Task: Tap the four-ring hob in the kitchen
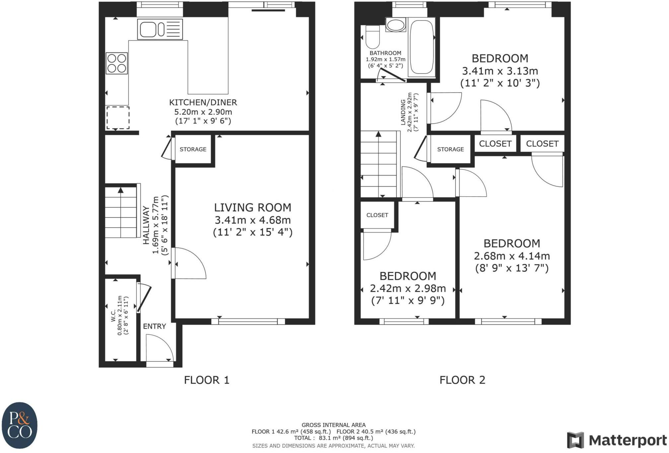[117, 63]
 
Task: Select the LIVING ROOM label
[252, 208]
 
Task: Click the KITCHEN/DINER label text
[203, 102]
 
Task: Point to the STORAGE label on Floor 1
[193, 149]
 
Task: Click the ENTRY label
[154, 326]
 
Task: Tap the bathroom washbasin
[395, 25]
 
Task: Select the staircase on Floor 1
[121, 213]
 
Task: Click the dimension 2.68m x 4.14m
[512, 256]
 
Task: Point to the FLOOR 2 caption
[462, 380]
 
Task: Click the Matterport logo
[617, 440]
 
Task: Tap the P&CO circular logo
[20, 425]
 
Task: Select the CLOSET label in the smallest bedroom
[377, 215]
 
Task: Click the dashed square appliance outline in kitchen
[118, 118]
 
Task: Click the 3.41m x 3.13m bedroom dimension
[500, 71]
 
